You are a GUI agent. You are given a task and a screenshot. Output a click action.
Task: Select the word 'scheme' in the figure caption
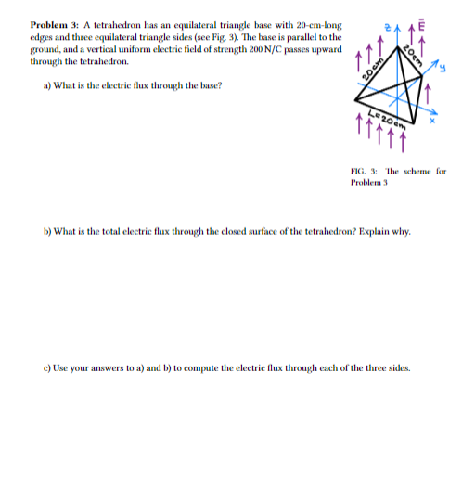click(x=419, y=172)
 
